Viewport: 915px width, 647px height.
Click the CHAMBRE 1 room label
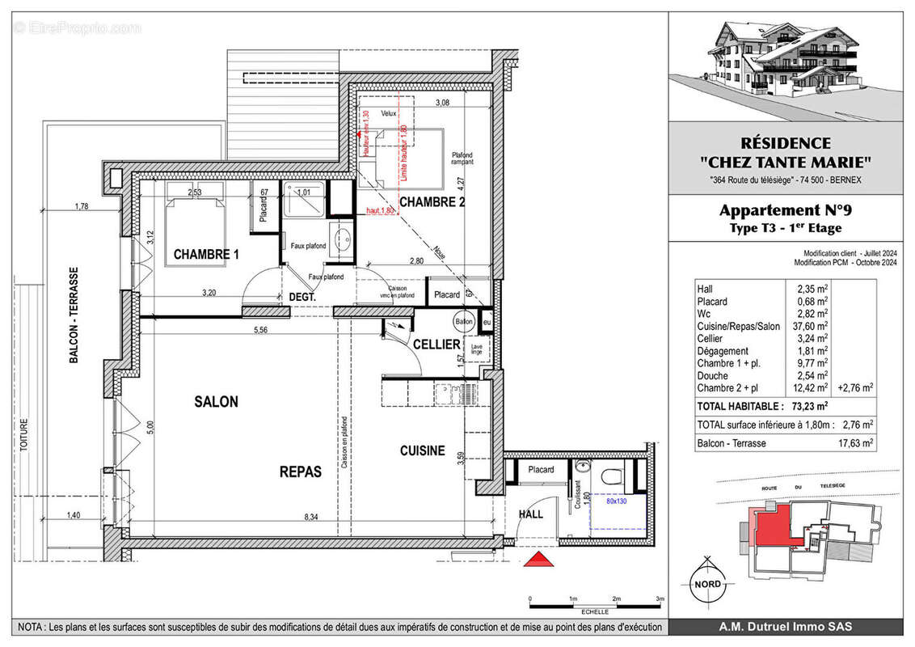[206, 255]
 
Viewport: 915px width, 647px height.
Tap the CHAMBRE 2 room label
[432, 202]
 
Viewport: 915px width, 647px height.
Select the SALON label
[216, 402]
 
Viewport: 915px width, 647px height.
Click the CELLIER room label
[437, 345]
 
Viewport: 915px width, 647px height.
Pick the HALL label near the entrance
[529, 514]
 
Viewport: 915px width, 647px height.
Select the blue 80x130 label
[616, 501]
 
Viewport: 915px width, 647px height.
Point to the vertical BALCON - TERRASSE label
[74, 315]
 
